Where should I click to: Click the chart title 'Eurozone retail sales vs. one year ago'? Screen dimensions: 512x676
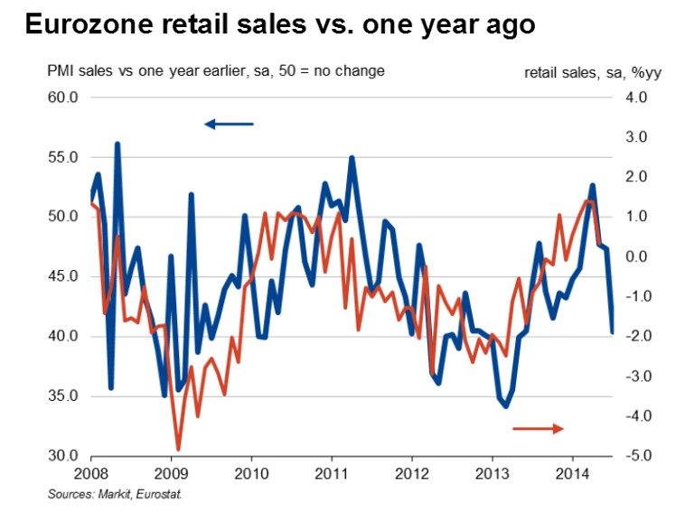tap(280, 25)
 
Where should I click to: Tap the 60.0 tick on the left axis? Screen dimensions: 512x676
tap(64, 98)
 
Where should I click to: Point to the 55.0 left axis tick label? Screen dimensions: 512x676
tap(64, 157)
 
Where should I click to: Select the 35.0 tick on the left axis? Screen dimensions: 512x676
tap(64, 396)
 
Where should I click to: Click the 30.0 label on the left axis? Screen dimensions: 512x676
tap(64, 456)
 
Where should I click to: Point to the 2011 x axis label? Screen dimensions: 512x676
tap(332, 473)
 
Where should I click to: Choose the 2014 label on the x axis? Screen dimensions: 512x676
tap(573, 473)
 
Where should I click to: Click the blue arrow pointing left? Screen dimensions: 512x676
tap(230, 124)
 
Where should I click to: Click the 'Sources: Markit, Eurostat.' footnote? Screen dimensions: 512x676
tap(121, 494)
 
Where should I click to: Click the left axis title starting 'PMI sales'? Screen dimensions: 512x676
tap(217, 71)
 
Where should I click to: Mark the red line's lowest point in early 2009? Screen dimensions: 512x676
tap(178, 449)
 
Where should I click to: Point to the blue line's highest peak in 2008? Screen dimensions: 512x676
tap(117, 144)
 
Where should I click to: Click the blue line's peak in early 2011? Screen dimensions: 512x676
tap(351, 158)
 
